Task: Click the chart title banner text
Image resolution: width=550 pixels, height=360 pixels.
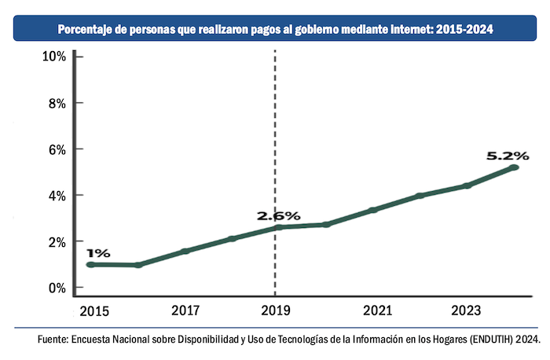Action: pos(275,30)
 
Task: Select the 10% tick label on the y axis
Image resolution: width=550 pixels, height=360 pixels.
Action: pos(55,57)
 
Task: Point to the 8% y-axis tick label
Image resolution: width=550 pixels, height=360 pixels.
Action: pos(57,103)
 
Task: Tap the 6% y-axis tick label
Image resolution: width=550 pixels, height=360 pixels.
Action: pos(57,149)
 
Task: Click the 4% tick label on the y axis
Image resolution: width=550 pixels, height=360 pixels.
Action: pos(57,195)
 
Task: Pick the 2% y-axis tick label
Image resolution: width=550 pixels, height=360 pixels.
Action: pos(57,241)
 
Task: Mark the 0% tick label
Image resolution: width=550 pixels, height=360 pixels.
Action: pos(57,288)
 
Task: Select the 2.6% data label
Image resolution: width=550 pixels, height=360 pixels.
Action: pos(278,215)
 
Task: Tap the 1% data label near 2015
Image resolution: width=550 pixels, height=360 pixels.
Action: pos(98,253)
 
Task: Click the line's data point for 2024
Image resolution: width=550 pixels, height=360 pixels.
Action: pos(514,167)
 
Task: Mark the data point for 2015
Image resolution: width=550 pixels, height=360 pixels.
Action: pos(91,265)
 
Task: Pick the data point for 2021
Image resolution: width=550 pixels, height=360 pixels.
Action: pos(373,210)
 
